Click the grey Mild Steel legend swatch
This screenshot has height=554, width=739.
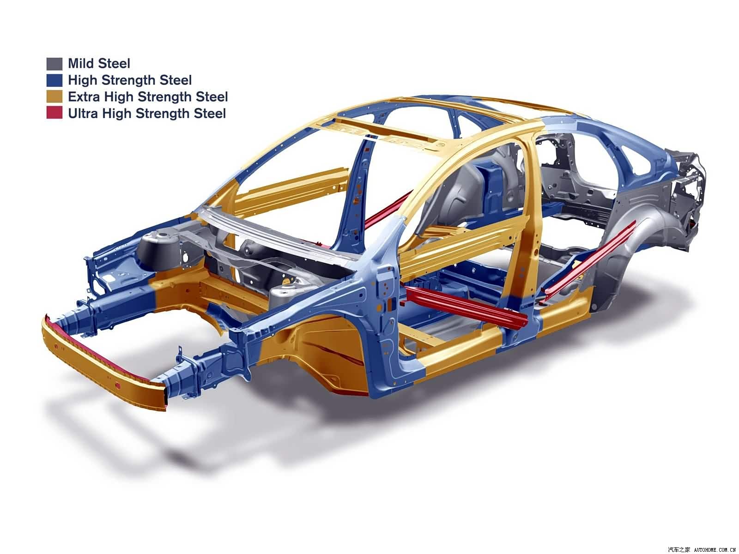54,64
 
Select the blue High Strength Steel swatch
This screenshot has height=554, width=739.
54,80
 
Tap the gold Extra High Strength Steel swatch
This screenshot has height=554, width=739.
54,97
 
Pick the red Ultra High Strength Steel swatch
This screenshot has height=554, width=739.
54,113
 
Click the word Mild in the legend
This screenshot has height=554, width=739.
80,64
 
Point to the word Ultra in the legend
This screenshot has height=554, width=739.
83,114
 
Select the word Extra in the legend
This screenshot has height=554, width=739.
84,97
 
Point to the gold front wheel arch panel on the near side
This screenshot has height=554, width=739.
313,353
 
